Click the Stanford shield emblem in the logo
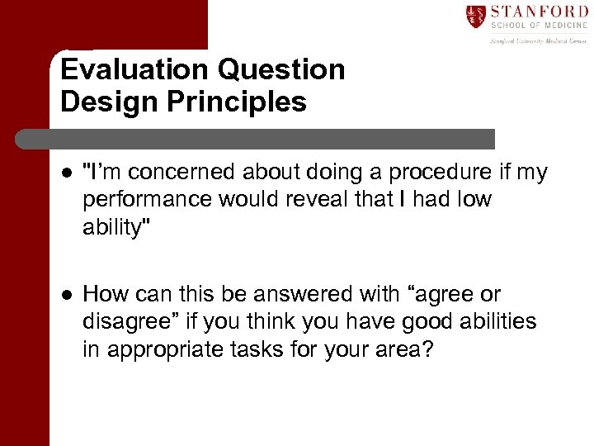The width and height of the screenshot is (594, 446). click(475, 17)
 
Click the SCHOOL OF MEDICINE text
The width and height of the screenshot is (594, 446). click(538, 26)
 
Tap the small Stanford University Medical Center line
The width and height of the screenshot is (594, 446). click(538, 40)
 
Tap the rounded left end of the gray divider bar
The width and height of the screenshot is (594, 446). click(56, 139)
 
